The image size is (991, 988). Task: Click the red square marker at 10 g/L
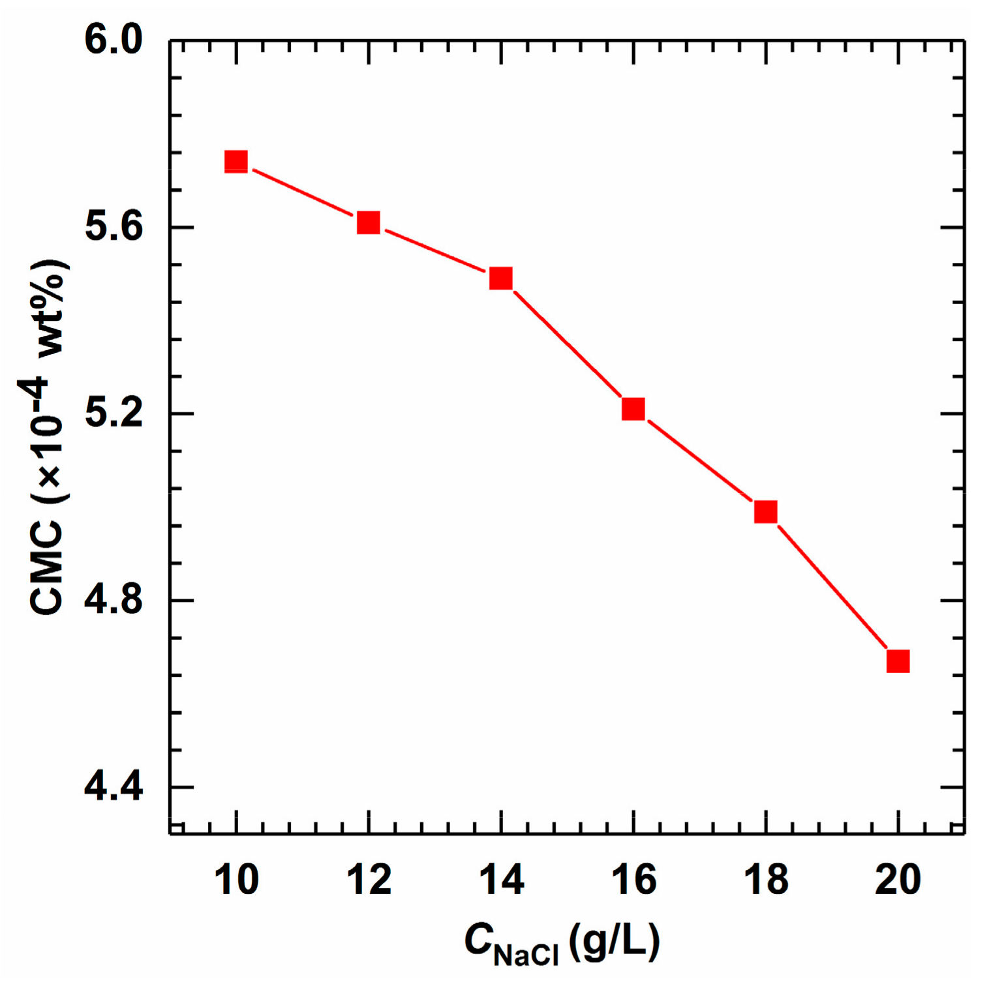[x=236, y=161]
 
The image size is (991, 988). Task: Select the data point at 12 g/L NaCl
[x=369, y=222]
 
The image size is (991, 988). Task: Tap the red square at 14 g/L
[x=500, y=278]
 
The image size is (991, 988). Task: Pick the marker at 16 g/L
[x=633, y=409]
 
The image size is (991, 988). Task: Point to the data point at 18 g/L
[x=765, y=512]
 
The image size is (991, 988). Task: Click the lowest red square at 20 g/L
[x=898, y=661]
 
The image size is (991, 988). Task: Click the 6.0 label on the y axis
[x=114, y=40]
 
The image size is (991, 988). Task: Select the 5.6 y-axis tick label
[x=114, y=227]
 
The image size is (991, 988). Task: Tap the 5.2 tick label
[x=114, y=413]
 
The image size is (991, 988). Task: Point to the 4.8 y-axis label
[x=114, y=600]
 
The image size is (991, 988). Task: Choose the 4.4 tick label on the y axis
[x=114, y=786]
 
